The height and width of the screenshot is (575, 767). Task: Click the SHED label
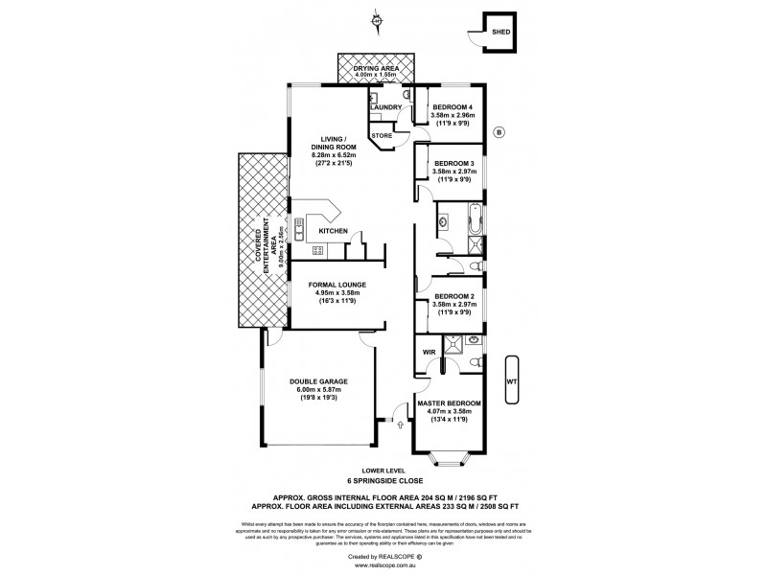pyautogui.click(x=500, y=32)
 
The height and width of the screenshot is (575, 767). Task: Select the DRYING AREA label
pyautogui.click(x=375, y=68)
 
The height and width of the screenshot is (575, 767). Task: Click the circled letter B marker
pyautogui.click(x=498, y=131)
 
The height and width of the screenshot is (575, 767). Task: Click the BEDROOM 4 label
pyautogui.click(x=453, y=106)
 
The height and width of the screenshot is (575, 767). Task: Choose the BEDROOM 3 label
pyautogui.click(x=453, y=162)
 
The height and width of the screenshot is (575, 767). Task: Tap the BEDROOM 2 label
pyautogui.click(x=453, y=296)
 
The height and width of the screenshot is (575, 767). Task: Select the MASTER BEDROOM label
pyautogui.click(x=449, y=403)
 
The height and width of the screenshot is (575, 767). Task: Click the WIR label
pyautogui.click(x=428, y=352)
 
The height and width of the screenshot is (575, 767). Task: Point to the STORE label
pyautogui.click(x=382, y=137)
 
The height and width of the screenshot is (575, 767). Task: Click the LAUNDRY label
pyautogui.click(x=384, y=107)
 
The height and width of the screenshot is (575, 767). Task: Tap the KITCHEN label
pyautogui.click(x=333, y=231)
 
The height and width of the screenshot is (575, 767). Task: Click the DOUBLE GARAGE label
pyautogui.click(x=316, y=380)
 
